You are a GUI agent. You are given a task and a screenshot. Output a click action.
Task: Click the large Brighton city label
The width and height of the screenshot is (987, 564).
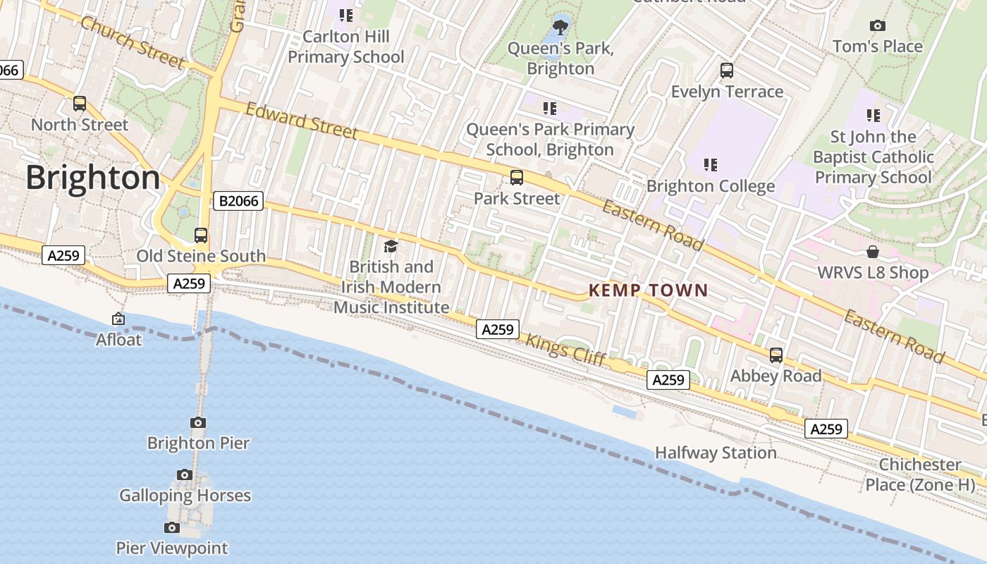coord(93,178)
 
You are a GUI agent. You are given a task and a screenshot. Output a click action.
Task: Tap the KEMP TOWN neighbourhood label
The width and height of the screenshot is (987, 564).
coord(648,290)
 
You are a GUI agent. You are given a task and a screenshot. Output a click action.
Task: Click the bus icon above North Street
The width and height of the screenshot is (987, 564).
coord(80,104)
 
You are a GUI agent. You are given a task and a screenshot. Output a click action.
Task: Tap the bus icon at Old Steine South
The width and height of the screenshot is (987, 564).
coord(201,235)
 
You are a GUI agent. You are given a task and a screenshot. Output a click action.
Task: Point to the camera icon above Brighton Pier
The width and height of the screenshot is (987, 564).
coord(198,422)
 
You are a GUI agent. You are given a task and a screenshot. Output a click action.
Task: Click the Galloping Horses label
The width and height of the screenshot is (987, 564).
coord(185,496)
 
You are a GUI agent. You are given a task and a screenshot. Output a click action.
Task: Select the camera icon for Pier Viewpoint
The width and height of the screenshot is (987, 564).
coord(171,527)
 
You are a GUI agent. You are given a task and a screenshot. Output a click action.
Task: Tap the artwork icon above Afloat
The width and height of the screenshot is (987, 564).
coord(118,319)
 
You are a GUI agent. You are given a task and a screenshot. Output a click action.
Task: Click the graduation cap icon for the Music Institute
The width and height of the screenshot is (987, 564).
coord(391,246)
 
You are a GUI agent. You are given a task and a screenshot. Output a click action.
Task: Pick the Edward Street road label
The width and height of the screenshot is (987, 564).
coord(302,121)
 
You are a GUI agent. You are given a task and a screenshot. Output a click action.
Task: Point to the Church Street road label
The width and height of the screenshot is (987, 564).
coord(133,43)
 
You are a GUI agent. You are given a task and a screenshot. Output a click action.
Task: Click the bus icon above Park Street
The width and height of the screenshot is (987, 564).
coord(517,178)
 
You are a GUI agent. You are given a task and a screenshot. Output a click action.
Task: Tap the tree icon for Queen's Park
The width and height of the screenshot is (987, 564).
coord(560,27)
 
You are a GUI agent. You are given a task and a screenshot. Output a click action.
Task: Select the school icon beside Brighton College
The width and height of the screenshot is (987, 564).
coord(711,165)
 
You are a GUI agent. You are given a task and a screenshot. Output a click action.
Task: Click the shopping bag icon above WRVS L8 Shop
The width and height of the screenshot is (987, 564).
coord(873,252)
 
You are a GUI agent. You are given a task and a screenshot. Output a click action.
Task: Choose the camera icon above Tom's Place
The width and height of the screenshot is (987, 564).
coord(878,26)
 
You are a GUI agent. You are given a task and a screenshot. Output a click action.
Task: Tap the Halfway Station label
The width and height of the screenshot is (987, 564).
coord(716,453)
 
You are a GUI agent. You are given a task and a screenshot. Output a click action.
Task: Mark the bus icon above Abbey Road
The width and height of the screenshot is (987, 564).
coord(776,355)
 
